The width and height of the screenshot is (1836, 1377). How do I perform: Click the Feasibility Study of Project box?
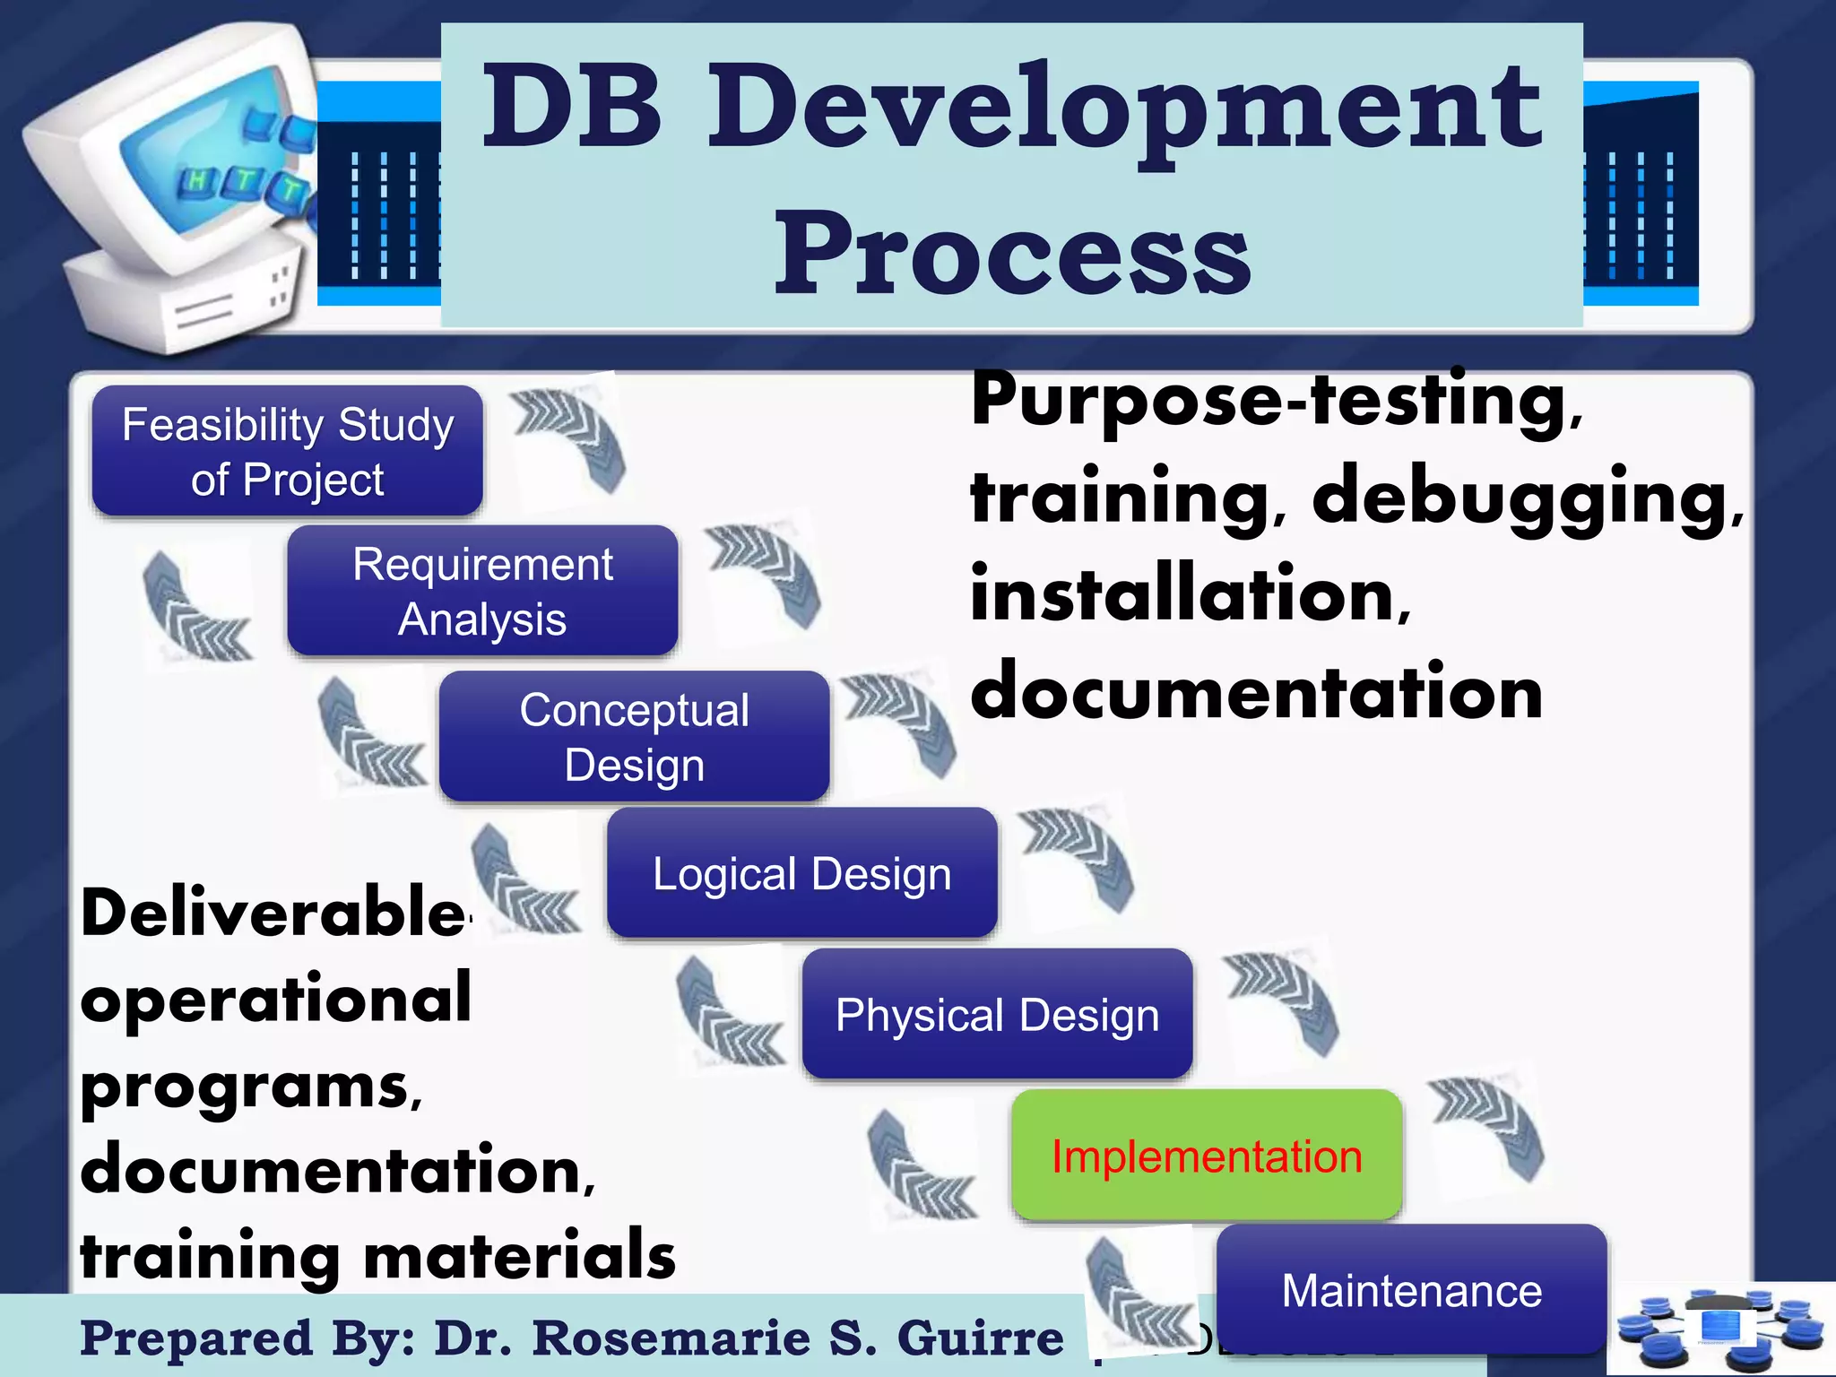pyautogui.click(x=287, y=451)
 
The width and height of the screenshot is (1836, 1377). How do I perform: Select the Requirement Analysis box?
pyautogui.click(x=482, y=591)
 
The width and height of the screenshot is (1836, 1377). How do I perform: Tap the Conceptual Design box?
pyautogui.click(x=634, y=737)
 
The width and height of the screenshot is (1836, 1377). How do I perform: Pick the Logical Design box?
pyautogui.click(x=801, y=873)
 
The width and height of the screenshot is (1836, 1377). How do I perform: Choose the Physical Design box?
pyautogui.click(x=997, y=1014)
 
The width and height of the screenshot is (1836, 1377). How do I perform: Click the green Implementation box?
pyautogui.click(x=1207, y=1155)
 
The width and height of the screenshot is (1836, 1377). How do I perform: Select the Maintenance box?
pyautogui.click(x=1411, y=1289)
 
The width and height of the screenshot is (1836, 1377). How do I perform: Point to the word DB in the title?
pyautogui.click(x=574, y=108)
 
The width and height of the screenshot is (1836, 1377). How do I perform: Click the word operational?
pyautogui.click(x=275, y=999)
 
